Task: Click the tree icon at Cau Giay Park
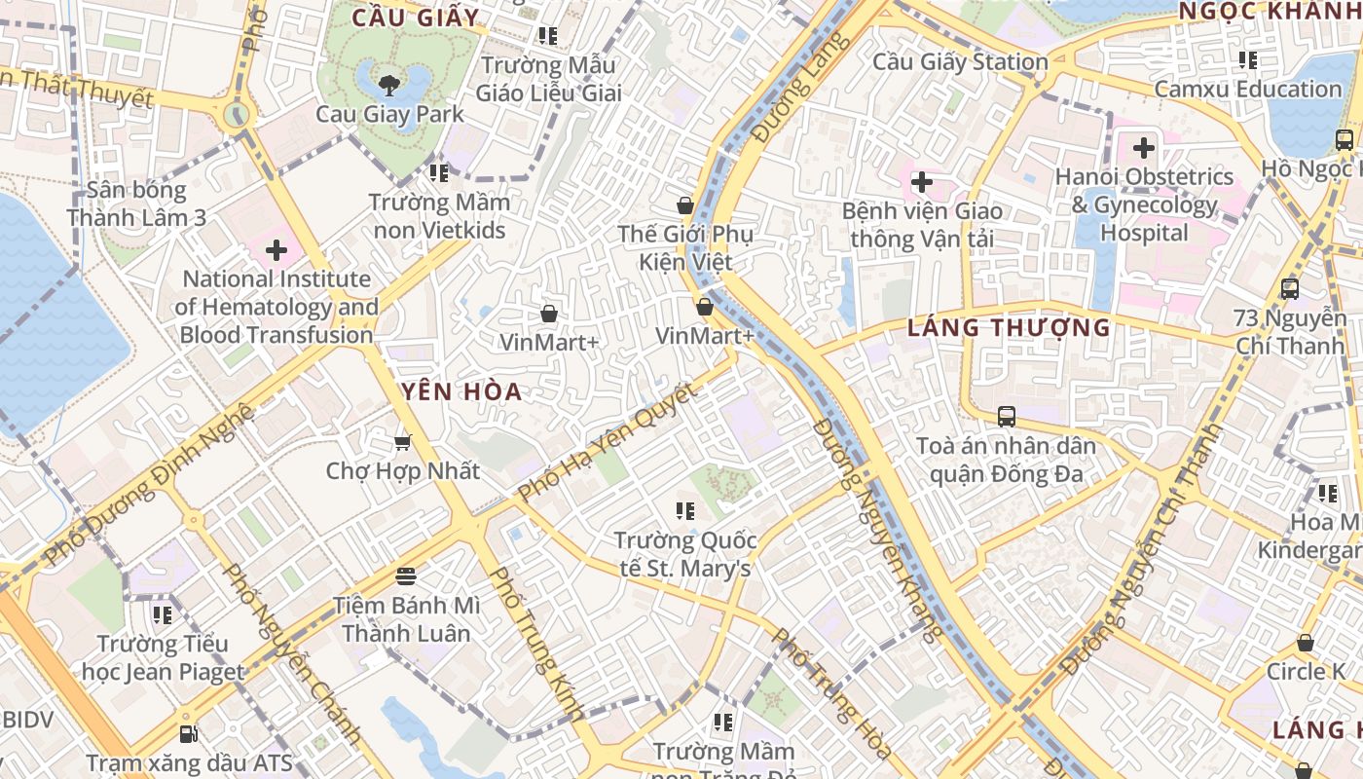click(x=390, y=85)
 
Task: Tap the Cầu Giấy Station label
click(x=959, y=62)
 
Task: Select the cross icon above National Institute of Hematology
click(x=276, y=251)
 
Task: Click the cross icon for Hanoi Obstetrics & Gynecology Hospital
click(x=1144, y=149)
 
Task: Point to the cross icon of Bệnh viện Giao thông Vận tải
click(x=921, y=182)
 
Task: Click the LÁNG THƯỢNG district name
click(x=1009, y=328)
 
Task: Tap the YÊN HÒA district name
click(x=462, y=392)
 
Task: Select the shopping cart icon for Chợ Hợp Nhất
click(x=402, y=443)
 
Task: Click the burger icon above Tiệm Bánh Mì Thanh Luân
click(x=406, y=576)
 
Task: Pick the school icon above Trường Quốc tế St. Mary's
click(x=684, y=511)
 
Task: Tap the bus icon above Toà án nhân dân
click(x=1007, y=417)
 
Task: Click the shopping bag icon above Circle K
click(x=1305, y=643)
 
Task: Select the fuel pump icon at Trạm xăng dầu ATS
click(x=189, y=733)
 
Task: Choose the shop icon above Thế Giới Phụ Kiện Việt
click(x=685, y=205)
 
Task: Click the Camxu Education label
click(x=1247, y=89)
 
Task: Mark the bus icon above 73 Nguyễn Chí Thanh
click(x=1290, y=289)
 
